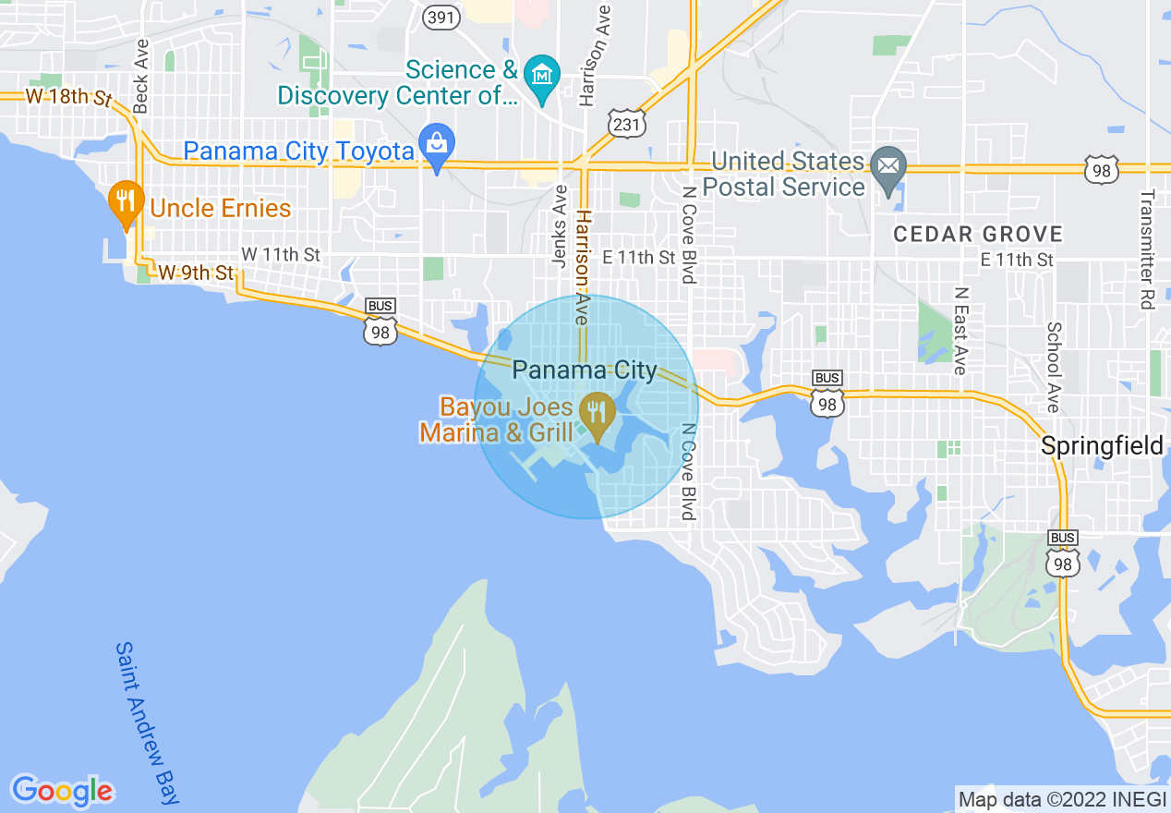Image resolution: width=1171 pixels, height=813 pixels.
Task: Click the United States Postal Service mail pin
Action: click(x=888, y=168)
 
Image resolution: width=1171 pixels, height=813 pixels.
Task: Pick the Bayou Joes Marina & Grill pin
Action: click(x=597, y=413)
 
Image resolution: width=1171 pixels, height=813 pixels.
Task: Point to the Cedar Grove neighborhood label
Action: click(x=978, y=235)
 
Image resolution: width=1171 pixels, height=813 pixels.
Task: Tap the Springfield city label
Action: click(x=1102, y=445)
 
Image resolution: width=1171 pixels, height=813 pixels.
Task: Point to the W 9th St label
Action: click(x=196, y=273)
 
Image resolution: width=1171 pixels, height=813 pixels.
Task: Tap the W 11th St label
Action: click(x=281, y=254)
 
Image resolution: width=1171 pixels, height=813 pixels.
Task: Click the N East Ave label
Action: click(x=960, y=330)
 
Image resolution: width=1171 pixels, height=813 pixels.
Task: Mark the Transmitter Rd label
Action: click(x=1147, y=249)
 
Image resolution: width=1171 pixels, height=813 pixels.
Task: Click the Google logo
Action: click(x=63, y=790)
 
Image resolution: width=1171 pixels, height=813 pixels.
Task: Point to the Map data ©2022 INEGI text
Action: click(x=1061, y=799)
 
